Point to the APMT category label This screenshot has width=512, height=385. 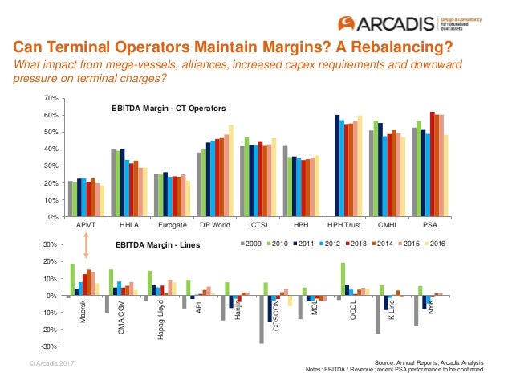pos(85,227)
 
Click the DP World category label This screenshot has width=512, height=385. pos(215,227)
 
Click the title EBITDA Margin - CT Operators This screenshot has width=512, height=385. pos(168,108)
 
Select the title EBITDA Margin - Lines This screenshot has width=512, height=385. pos(156,243)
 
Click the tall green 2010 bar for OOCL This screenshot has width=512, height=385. pos(343,279)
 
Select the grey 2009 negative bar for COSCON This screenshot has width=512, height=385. pos(261,320)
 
